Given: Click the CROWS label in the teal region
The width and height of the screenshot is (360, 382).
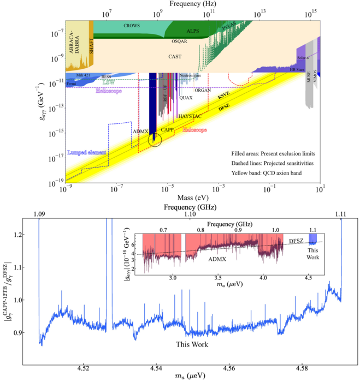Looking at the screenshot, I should pos(131,26).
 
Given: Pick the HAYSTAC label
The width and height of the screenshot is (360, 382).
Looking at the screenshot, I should pos(190,116).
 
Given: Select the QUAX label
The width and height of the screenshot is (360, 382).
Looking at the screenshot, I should pos(186,98).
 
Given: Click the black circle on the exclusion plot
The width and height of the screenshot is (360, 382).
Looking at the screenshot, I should pos(155,141).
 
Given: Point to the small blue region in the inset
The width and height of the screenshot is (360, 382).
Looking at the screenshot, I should pos(313,238).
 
